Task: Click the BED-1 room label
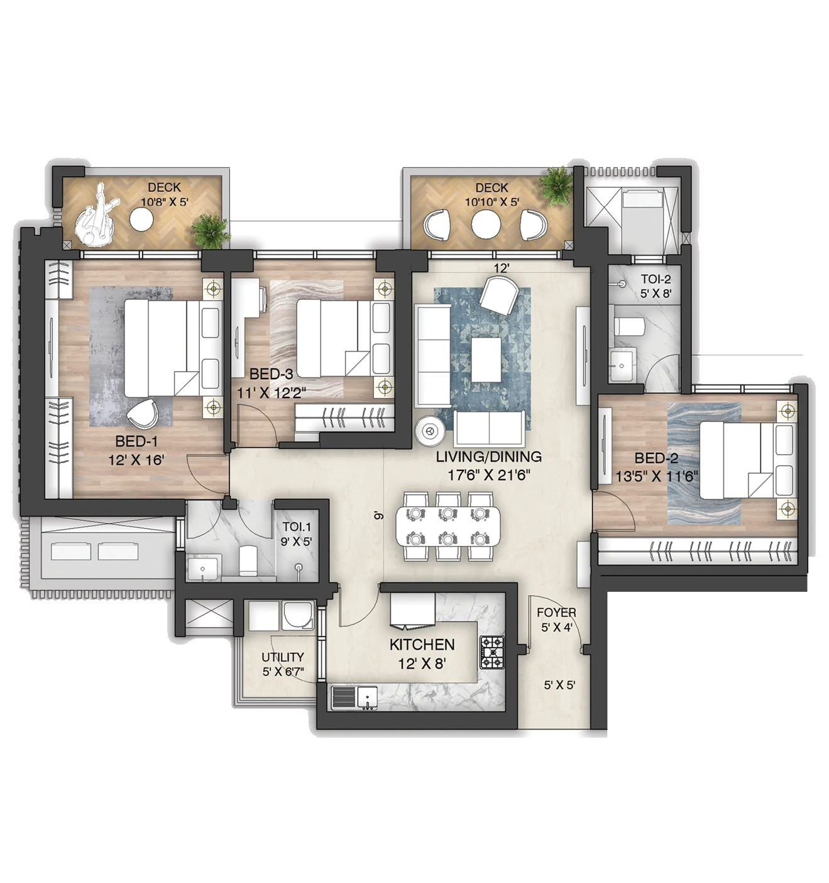click(136, 441)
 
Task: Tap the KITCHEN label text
click(422, 645)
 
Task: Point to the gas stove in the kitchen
click(491, 653)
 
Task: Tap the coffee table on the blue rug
click(486, 359)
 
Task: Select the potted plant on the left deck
click(211, 230)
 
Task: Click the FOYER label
click(556, 613)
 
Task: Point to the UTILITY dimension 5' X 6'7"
click(283, 671)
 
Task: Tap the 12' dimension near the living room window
click(501, 268)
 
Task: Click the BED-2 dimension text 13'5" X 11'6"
click(656, 477)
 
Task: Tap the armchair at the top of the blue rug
click(499, 295)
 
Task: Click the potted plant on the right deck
click(556, 186)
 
